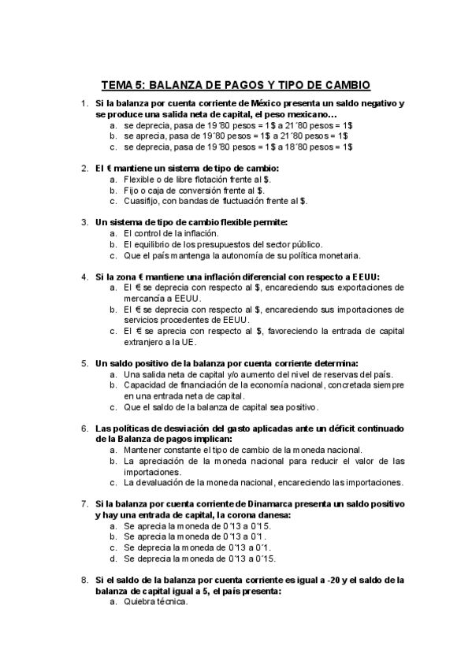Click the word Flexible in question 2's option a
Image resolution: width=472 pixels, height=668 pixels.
pos(143,179)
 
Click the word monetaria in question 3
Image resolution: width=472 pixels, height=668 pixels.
pos(340,255)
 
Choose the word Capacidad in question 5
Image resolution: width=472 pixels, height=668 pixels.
pos(147,385)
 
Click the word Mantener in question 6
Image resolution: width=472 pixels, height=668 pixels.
pos(145,449)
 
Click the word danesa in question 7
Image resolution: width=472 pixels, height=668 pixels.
pos(273,514)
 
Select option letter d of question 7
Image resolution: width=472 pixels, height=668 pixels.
pos(113,558)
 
